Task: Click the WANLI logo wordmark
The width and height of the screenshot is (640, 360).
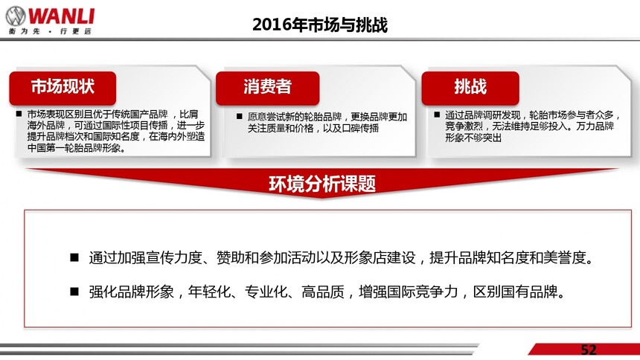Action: coord(62,16)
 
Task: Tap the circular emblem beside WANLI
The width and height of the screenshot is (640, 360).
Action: coord(16,16)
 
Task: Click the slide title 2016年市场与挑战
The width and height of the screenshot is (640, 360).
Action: coord(320,25)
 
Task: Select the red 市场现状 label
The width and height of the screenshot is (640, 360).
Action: coord(63,88)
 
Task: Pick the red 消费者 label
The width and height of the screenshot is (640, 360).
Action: coord(267,88)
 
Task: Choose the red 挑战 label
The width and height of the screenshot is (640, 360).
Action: coord(470,88)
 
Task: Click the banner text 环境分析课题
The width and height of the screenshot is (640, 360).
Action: coord(322,184)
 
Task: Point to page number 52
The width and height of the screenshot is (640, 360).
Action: coord(589,350)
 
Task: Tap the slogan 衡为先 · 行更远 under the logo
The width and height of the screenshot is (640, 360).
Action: coord(50,31)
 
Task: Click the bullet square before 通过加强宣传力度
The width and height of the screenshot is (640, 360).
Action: coord(74,257)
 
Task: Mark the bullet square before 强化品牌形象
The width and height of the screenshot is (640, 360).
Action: coord(74,292)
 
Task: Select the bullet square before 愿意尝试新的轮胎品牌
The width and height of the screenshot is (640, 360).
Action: coord(240,117)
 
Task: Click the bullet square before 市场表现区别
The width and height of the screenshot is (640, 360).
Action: coord(19,114)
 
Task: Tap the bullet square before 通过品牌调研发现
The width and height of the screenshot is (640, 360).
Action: coord(437,115)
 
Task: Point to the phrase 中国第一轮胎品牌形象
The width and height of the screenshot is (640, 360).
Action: coord(76,148)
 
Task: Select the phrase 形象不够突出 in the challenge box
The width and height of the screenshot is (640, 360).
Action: coord(473,138)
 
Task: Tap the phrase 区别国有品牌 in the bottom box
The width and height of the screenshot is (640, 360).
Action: coord(515,292)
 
